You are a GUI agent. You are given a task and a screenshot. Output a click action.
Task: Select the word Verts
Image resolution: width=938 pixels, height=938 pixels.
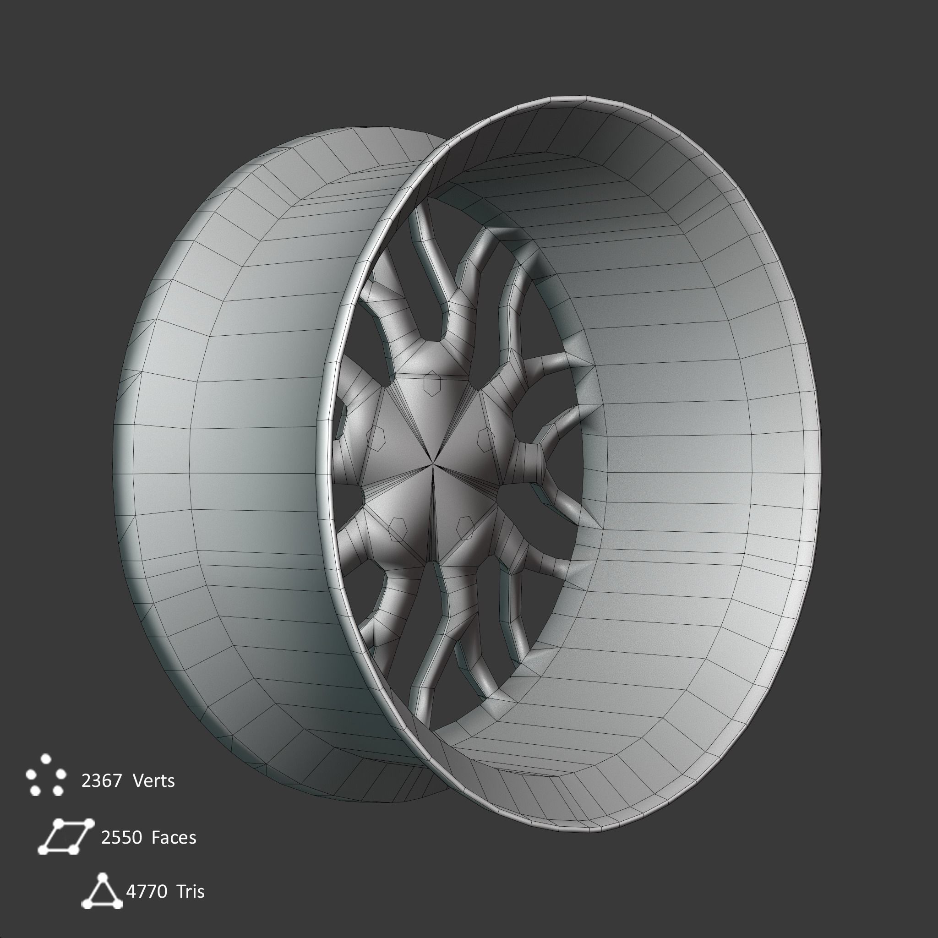point(153,781)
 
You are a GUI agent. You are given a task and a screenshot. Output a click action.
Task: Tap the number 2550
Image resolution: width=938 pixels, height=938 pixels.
point(121,838)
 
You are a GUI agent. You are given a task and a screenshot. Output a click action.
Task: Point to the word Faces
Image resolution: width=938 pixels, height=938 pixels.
point(173,838)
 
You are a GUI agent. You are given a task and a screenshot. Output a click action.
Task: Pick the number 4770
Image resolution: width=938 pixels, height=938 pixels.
point(147,891)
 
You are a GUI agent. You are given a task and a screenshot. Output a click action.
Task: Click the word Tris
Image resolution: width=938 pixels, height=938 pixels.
point(191,891)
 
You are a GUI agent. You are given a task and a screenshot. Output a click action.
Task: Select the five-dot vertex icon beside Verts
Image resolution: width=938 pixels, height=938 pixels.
point(46,775)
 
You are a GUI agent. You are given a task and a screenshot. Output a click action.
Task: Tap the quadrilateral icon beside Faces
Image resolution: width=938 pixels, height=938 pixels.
point(65,836)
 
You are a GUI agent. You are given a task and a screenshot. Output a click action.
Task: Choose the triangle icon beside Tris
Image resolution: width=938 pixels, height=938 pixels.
point(102,891)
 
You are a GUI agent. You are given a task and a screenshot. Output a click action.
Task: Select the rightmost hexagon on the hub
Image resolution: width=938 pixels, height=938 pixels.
point(485,438)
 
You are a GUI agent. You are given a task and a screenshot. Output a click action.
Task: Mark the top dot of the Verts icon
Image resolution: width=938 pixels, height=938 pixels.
point(46,758)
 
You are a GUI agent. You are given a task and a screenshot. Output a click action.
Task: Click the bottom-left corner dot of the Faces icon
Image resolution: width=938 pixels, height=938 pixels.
point(43,850)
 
